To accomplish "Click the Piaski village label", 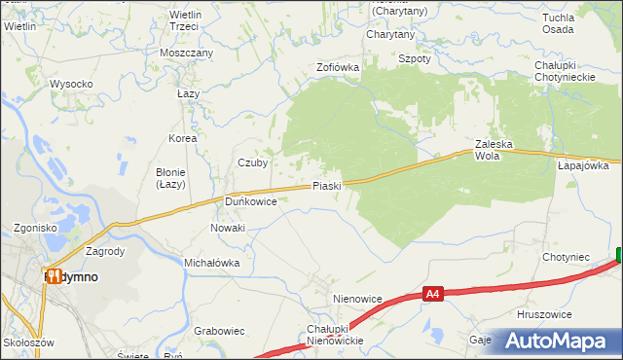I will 326,186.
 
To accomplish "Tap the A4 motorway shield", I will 434,292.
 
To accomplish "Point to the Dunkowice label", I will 251,201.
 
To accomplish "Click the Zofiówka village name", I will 338,68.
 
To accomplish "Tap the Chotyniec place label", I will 566,258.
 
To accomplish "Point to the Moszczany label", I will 187,52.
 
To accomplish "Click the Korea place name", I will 182,138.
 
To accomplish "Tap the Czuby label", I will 253,163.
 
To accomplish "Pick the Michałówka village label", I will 211,263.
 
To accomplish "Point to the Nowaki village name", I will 228,228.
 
